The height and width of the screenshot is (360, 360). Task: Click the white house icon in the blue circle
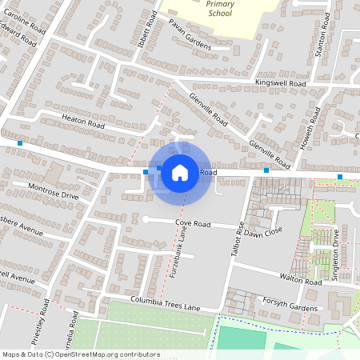[180, 171]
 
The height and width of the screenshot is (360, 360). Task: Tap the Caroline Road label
[22, 17]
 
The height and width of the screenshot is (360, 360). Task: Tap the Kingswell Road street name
[281, 83]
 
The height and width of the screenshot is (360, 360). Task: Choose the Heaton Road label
[83, 122]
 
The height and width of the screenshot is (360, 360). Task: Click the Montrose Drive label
[53, 190]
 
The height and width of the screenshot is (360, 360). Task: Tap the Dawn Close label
[264, 233]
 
